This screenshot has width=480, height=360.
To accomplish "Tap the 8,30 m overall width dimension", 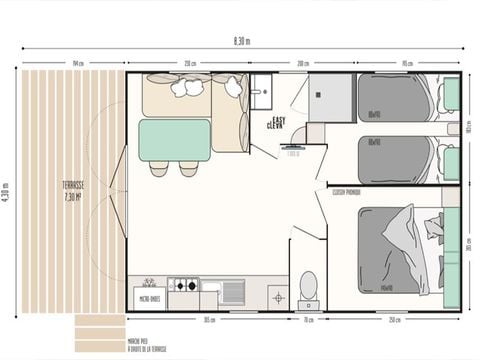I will [x=241, y=41].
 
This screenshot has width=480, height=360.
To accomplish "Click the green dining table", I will [x=174, y=140].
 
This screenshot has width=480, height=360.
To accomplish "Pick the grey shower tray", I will [x=330, y=99].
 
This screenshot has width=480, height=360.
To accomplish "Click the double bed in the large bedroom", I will [x=398, y=250].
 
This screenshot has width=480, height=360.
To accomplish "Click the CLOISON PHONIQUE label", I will [x=346, y=190].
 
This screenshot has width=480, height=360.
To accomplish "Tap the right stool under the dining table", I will [x=188, y=169].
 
